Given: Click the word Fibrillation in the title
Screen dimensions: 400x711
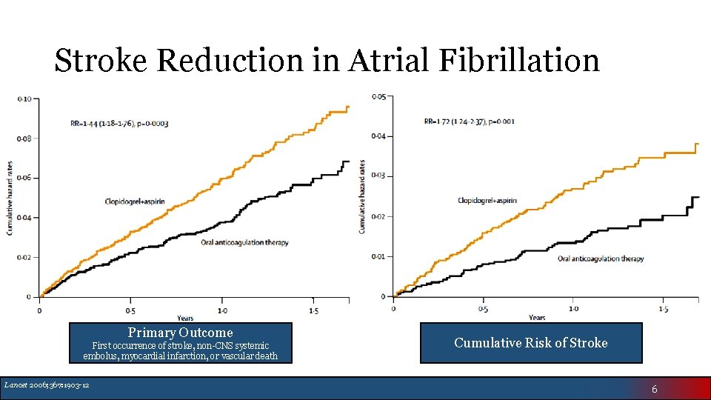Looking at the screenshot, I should pos(519,61).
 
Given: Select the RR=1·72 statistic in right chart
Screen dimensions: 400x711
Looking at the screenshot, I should pos(470,121).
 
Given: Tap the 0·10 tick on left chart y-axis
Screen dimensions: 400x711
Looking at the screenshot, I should pos(24,99).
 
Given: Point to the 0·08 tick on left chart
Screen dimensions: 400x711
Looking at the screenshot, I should pos(24,139).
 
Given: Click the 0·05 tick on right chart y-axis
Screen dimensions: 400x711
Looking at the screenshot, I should pos(378,96).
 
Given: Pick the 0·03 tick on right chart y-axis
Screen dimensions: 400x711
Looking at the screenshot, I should pos(378,176).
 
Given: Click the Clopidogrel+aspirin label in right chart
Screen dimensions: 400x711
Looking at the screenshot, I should pos(487,201).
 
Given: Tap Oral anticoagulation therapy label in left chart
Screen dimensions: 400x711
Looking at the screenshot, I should pos(244,243).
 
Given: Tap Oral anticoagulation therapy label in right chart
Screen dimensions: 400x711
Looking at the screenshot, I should pos(600,259).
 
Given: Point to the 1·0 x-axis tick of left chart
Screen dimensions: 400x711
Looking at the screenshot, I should pos(221,310).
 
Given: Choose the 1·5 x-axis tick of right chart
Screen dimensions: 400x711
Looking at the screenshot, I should pos(664,309).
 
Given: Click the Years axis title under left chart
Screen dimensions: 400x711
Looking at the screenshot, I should pos(184,319).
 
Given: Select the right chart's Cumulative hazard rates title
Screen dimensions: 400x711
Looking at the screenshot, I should pos(361,196).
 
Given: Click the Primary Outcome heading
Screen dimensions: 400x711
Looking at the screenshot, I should pos(180,333).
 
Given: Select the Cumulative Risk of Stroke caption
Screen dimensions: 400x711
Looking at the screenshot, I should pos(530,342).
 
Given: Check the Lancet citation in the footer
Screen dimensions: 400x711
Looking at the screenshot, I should pos(47,384).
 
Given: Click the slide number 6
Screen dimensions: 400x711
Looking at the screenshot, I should pos(654,389).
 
